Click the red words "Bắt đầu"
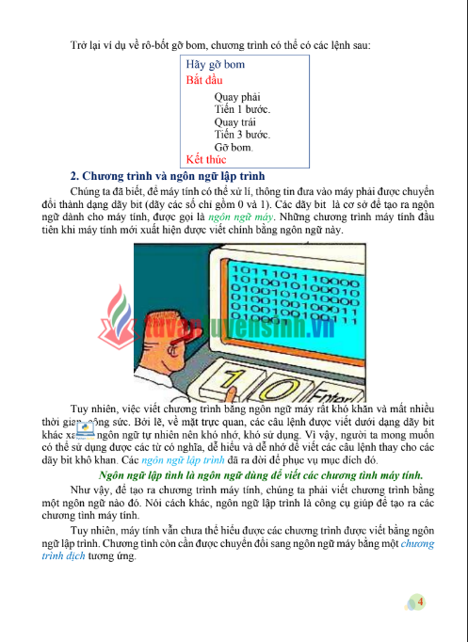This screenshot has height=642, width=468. point(204,81)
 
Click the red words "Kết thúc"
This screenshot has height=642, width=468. point(206,159)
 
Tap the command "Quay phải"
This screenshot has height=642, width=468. point(238,96)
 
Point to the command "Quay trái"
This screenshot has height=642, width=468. point(236,121)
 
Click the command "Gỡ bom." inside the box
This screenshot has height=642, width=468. point(234,148)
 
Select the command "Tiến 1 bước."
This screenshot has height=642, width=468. point(243,109)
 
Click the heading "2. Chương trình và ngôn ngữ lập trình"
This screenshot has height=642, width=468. point(169,176)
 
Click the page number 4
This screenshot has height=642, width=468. point(420,602)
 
